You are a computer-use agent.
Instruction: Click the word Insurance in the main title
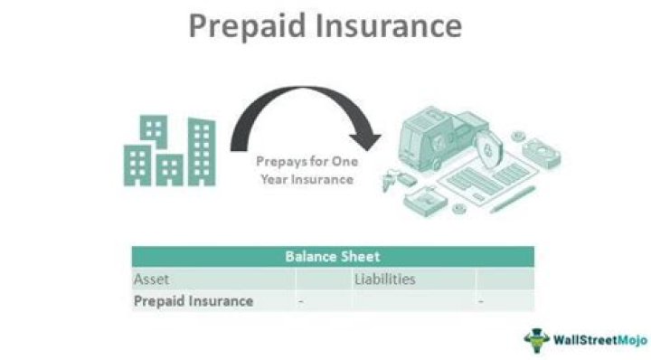389,25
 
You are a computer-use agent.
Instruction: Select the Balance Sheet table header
333,257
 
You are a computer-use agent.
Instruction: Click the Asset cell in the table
152,279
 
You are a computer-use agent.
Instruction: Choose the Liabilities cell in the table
384,279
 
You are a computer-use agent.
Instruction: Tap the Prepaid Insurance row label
193,301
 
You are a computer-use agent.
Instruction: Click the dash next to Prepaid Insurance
301,301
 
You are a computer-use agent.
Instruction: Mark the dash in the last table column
481,301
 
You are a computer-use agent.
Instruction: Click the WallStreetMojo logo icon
536,339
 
